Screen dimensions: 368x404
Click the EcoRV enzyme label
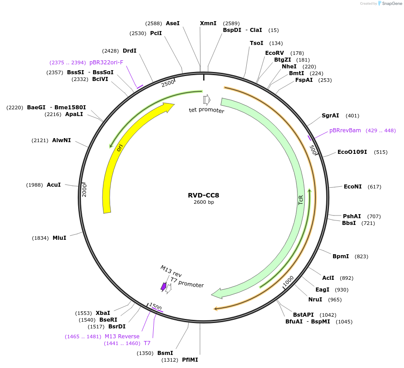(x=274, y=53)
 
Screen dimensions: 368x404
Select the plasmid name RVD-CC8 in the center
(x=204, y=195)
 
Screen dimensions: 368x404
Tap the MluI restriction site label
(x=59, y=238)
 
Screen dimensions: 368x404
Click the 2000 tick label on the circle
(x=84, y=190)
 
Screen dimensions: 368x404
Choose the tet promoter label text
(x=206, y=110)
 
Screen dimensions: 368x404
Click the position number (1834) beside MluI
(x=40, y=238)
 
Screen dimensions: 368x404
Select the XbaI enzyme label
(x=103, y=313)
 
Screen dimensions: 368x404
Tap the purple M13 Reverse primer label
(x=122, y=337)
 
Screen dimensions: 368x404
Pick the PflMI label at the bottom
(x=190, y=360)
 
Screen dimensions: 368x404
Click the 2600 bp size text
(x=204, y=202)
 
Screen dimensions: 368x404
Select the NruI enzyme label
(x=315, y=300)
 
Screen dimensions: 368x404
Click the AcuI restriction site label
(x=53, y=185)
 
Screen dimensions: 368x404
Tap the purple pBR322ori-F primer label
(x=106, y=63)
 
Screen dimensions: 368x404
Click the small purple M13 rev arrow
(x=164, y=286)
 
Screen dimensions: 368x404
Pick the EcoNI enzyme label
(x=353, y=187)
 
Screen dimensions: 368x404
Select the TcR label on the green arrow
(x=301, y=200)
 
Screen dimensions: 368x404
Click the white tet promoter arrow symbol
(x=207, y=99)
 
